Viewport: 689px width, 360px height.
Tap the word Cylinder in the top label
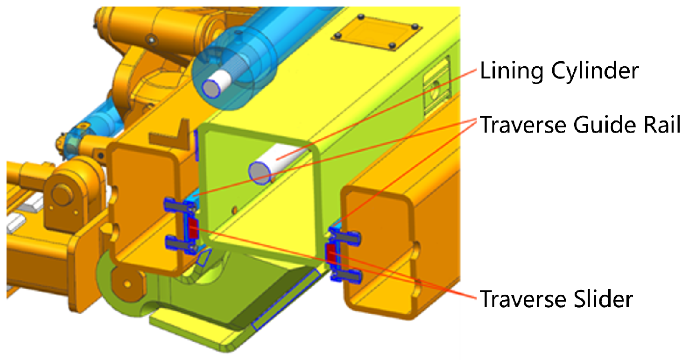[595, 71]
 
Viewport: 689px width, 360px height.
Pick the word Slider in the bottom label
[603, 299]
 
